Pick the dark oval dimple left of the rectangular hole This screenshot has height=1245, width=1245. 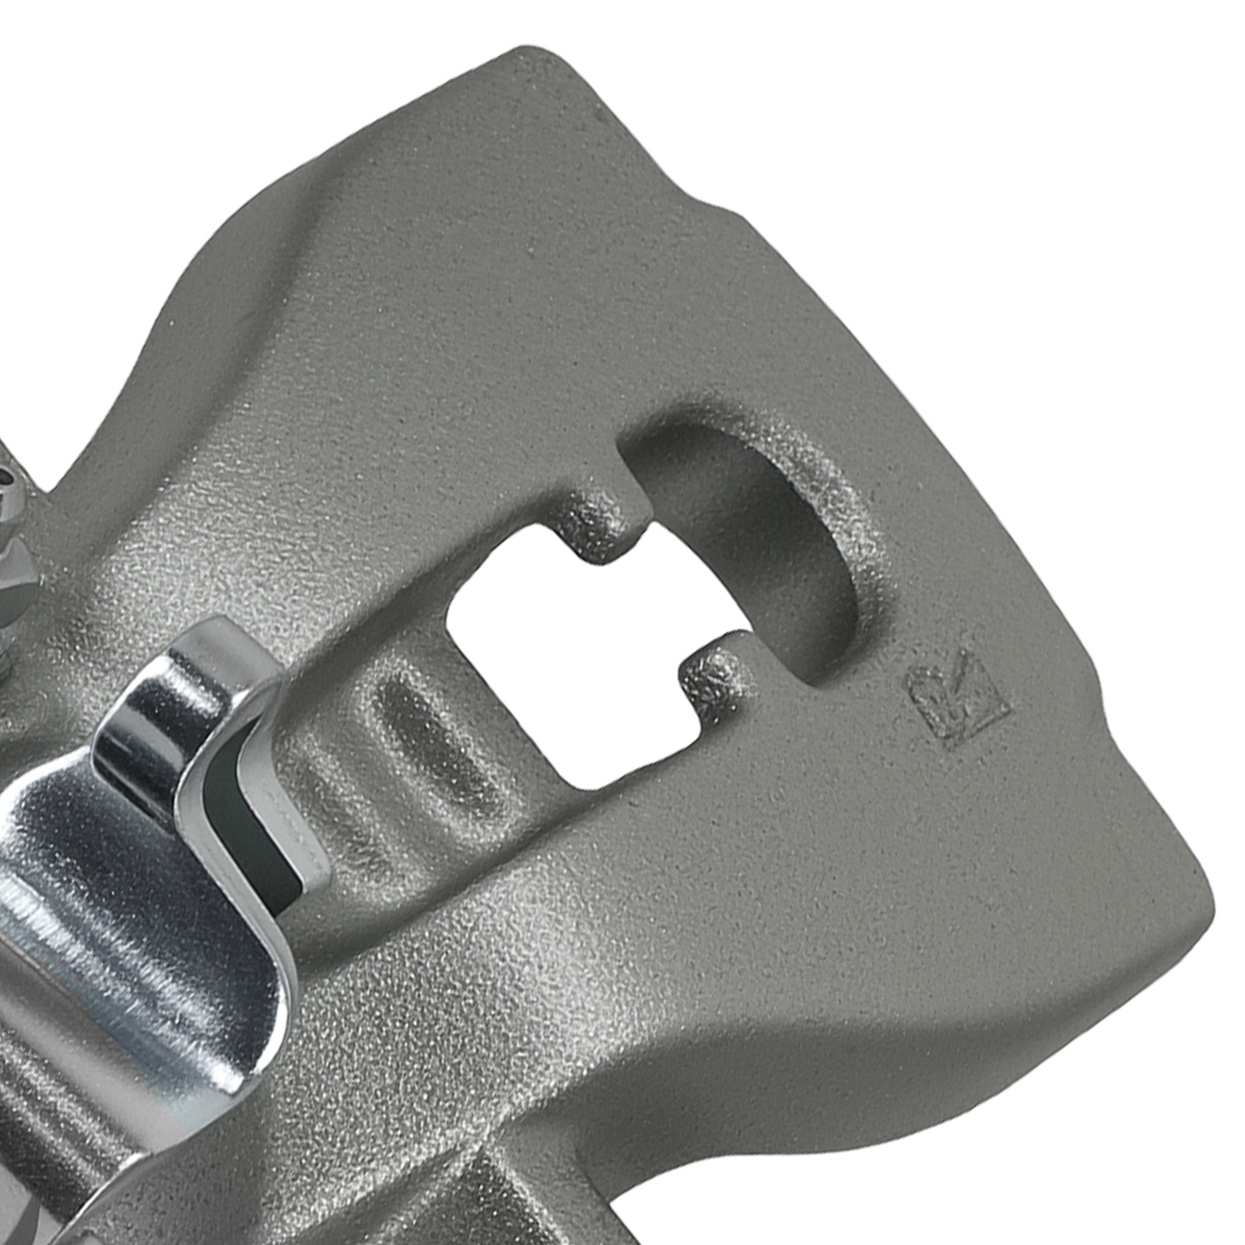(420, 731)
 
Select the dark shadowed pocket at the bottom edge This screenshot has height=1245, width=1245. (498, 1198)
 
